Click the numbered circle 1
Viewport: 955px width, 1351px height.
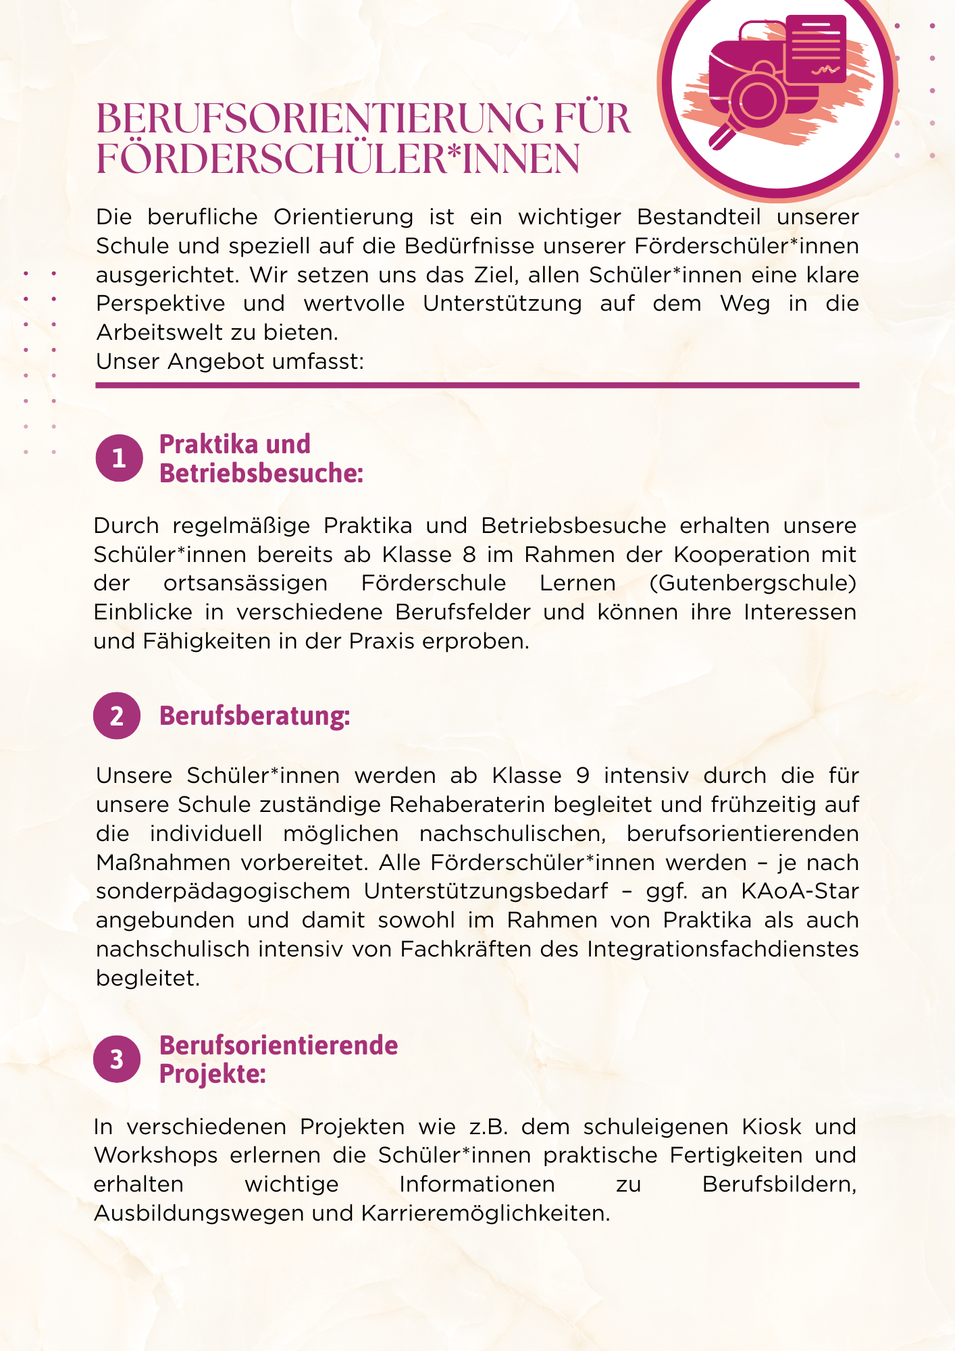tap(119, 458)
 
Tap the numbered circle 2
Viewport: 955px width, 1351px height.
tap(117, 715)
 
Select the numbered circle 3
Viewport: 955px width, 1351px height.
tap(117, 1059)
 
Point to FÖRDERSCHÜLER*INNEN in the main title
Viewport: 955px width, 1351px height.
tap(338, 159)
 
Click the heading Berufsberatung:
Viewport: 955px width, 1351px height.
tap(255, 716)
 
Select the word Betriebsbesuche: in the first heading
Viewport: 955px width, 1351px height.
tap(261, 474)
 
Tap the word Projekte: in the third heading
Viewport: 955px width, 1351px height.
tap(212, 1073)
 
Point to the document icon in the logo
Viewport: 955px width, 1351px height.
tap(816, 49)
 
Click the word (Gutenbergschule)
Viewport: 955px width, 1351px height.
tap(752, 583)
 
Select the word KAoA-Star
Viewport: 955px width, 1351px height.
tap(800, 892)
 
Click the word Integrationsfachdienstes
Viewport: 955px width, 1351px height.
tap(723, 949)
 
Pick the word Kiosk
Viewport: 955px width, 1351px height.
tap(772, 1127)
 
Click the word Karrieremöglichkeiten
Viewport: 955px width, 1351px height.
tap(485, 1214)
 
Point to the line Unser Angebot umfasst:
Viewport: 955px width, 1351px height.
tap(230, 361)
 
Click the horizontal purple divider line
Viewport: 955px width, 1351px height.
tap(477, 386)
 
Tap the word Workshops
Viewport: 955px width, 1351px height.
tap(156, 1156)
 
